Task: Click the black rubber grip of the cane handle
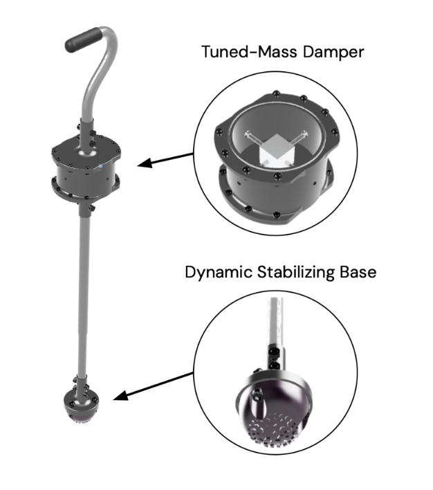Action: coord(84,40)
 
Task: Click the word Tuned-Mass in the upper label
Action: coord(249,52)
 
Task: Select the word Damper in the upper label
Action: coord(333,53)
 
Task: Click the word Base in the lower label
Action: coord(358,272)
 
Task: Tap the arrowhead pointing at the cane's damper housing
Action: coord(145,163)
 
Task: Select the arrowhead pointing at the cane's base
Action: coord(121,396)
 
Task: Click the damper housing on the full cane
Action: coord(85,170)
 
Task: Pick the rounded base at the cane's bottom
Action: coord(82,406)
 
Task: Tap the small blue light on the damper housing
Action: coord(100,166)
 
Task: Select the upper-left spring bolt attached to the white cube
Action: coord(255,138)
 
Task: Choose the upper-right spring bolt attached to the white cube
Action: coord(299,138)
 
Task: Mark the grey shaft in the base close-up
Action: coord(275,321)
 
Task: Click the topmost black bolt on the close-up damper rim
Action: coord(276,93)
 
